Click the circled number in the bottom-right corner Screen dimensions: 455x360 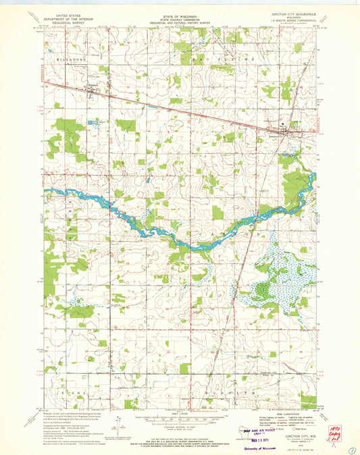click(x=351, y=446)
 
